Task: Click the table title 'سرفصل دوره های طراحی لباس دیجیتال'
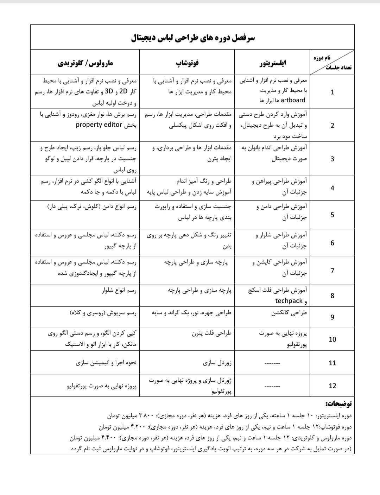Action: point(192,38)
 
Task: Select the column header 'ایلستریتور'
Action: point(273,63)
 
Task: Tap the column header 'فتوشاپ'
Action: point(187,63)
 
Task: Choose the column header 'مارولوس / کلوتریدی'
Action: point(85,63)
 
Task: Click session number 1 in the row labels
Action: point(332,92)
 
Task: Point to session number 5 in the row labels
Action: point(332,215)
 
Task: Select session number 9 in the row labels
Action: point(332,317)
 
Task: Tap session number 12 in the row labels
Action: point(332,386)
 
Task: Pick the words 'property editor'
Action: point(99,125)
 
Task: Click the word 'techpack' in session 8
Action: point(289,301)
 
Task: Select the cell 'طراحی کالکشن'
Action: point(289,312)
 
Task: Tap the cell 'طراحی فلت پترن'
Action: point(212,333)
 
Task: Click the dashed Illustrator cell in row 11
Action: point(272,363)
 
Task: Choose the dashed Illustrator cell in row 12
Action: point(272,386)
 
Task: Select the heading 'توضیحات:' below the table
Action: point(338,404)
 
